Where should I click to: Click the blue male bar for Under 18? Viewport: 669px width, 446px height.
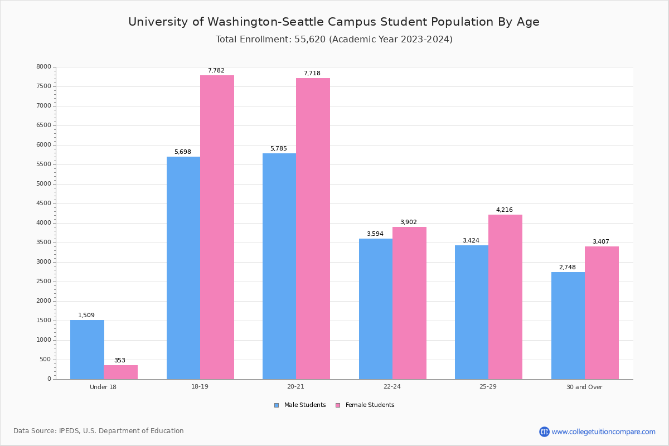pos(87,350)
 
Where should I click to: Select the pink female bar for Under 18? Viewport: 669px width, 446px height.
pos(120,372)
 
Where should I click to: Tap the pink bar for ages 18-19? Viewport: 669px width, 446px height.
pos(217,227)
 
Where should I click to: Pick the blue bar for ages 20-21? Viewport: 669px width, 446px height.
pos(279,266)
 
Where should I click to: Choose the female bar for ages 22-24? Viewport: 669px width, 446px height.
pos(409,303)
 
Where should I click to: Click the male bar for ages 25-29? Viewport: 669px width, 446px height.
pos(472,312)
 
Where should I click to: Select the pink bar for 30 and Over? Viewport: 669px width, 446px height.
pos(602,313)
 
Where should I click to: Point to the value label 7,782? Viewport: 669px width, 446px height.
pos(216,71)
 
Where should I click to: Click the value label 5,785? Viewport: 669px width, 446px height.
pos(279,149)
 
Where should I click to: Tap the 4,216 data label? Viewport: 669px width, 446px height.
pos(505,210)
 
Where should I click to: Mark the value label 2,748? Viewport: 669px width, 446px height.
pos(568,268)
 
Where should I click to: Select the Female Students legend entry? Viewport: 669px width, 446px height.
pos(365,405)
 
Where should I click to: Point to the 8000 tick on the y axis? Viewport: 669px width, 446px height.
pos(44,67)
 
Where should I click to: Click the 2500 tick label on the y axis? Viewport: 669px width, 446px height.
pos(44,282)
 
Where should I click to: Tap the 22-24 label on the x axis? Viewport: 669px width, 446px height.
pos(392,387)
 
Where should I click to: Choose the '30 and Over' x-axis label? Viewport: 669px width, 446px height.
pos(584,387)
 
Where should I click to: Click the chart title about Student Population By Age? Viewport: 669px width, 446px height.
pos(334,22)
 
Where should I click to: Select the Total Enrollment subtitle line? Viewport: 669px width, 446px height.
pos(334,40)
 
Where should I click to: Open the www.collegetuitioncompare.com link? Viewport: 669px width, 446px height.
pos(603,432)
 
